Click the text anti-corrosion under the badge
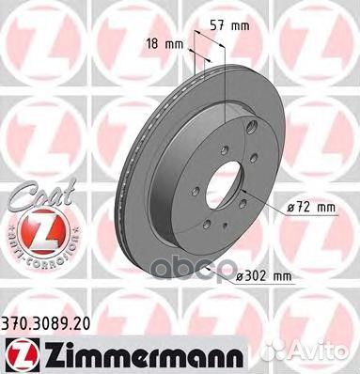pyautogui.click(x=32, y=267)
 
